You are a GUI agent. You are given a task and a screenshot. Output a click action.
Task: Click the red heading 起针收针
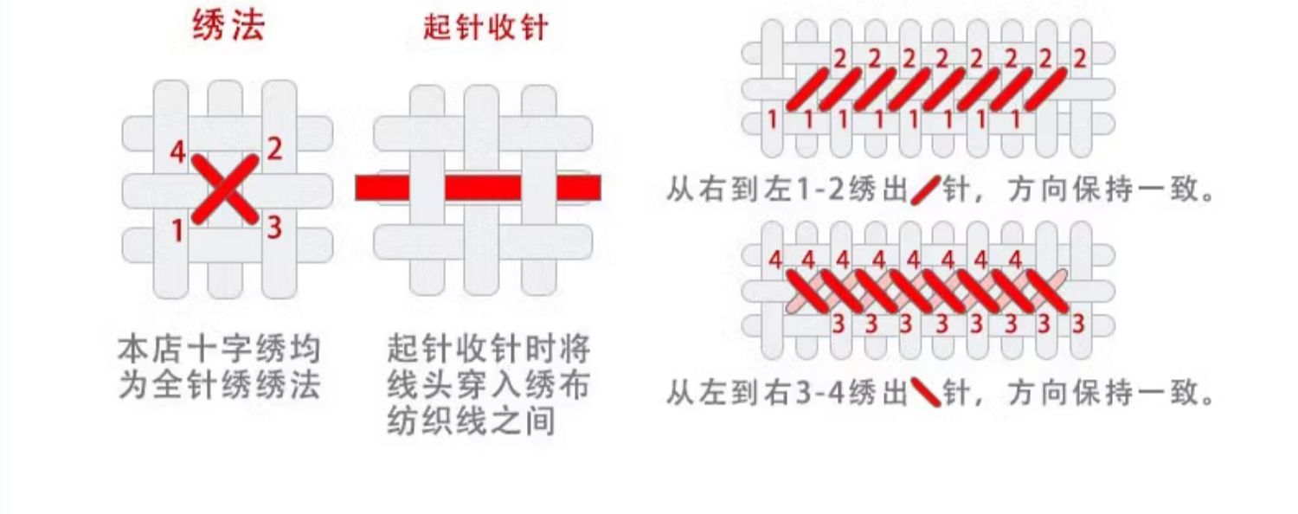coord(485,27)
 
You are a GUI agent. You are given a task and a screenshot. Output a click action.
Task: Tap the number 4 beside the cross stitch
coord(177,153)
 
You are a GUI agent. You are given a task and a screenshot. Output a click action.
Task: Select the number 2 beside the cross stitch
coord(274,150)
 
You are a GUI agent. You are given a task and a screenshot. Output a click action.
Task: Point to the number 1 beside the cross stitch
coord(177,231)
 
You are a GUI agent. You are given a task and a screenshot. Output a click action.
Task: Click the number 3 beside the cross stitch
coord(274,228)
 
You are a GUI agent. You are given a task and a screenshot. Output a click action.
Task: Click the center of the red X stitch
coord(225,189)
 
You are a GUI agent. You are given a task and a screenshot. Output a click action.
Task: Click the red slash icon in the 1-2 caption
coord(925,190)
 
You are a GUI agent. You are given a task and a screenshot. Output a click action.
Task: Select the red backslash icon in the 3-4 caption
coord(925,394)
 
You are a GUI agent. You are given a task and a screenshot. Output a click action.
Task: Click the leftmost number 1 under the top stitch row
coord(773,120)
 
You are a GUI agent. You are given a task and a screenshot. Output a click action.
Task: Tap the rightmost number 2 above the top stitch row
coord(1079,60)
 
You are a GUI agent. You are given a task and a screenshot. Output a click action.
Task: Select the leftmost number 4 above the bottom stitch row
coord(774,260)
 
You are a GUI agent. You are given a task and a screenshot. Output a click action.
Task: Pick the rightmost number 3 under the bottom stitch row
coord(1078,324)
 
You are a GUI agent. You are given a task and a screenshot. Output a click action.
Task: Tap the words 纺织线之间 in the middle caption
coord(471,423)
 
